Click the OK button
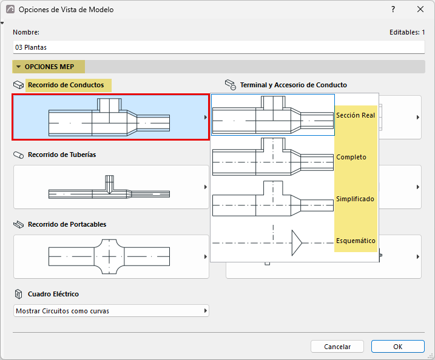[x=398, y=347]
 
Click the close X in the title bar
[x=420, y=10]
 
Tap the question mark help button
[x=393, y=10]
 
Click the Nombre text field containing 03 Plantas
[x=218, y=47]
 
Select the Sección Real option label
[x=356, y=115]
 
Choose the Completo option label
[x=351, y=157]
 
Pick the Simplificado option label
[x=355, y=199]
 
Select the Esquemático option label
[x=356, y=241]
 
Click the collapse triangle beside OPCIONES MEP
[x=19, y=67]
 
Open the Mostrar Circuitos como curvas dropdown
[x=111, y=311]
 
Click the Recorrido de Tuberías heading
[x=62, y=155]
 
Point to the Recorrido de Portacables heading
[x=67, y=224]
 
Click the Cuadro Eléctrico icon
[x=18, y=294]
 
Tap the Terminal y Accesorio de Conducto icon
[x=231, y=85]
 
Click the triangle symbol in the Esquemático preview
[x=297, y=243]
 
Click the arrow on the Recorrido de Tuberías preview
[x=206, y=187]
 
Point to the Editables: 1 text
[x=407, y=32]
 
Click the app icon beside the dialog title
[x=10, y=10]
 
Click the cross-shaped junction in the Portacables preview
[x=109, y=256]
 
